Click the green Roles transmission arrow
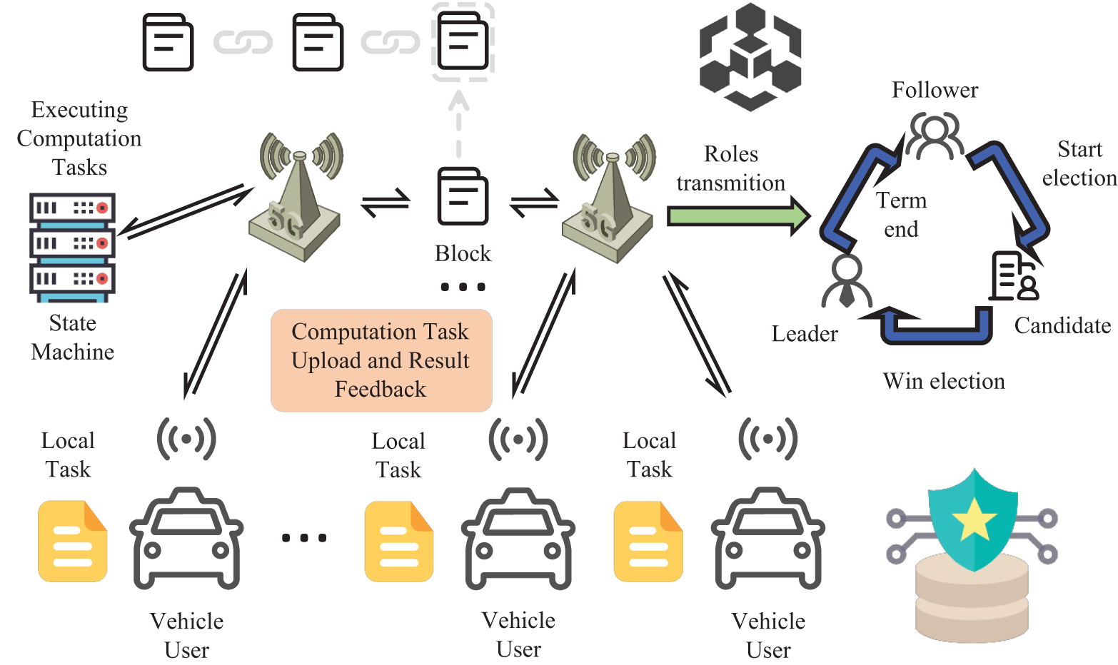pos(739,216)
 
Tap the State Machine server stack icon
pos(72,248)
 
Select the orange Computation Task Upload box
pos(381,360)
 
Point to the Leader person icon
pos(847,281)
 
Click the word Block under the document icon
pos(463,253)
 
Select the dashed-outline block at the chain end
pos(463,42)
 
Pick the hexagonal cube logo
pos(750,57)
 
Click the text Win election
pos(944,381)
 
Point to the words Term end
pos(901,215)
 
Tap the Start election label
pos(1079,163)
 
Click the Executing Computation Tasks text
pos(79,138)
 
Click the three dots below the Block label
pos(463,287)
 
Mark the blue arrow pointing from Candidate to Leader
pos(928,327)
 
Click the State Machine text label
pos(72,337)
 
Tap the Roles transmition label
pos(730,168)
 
